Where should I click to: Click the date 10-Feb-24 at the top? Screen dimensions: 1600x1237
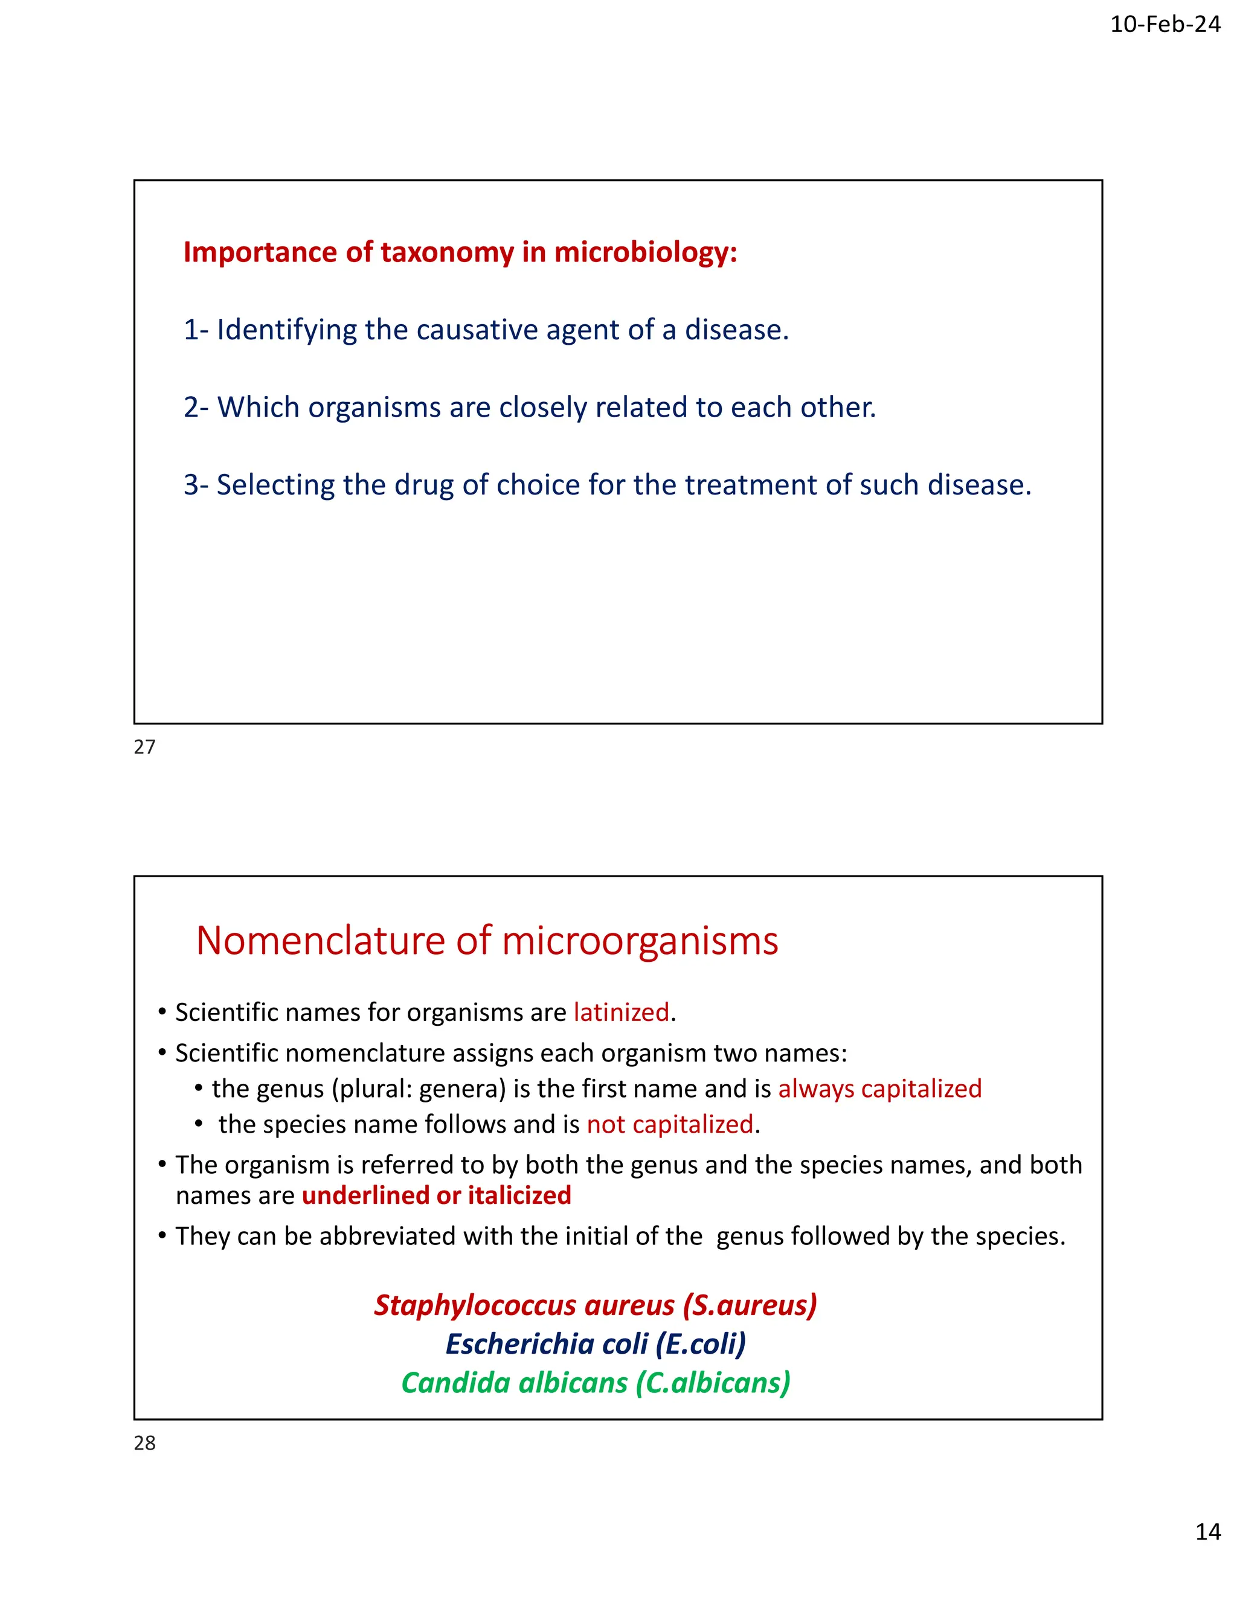pos(1165,25)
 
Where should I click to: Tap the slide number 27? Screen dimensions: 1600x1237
pos(145,747)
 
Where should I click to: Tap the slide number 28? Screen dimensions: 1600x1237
pos(145,1443)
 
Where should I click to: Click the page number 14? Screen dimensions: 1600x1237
pos(1207,1532)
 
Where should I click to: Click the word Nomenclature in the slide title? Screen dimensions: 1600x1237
pos(320,941)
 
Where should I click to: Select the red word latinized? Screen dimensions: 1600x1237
pos(622,1013)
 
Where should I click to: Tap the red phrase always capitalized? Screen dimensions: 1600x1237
pos(879,1089)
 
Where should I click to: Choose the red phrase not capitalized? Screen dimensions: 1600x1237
pos(670,1125)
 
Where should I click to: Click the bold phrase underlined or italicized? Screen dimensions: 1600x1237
pos(436,1195)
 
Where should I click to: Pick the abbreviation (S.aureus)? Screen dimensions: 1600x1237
pos(749,1305)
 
